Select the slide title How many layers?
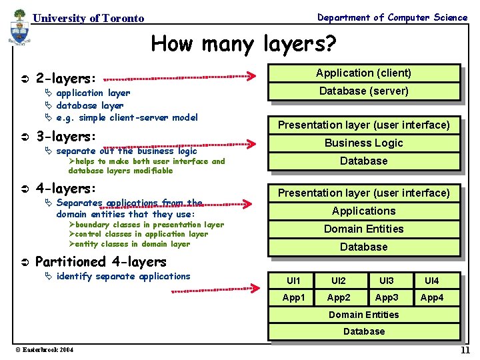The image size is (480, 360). tap(243, 44)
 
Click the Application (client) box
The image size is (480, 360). tap(363, 73)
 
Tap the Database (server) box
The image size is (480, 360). tap(363, 91)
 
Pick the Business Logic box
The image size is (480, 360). tap(363, 143)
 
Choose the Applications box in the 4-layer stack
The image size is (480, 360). tap(363, 211)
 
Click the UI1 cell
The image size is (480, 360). tap(293, 281)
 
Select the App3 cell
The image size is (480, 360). tap(387, 297)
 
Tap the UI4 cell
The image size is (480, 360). tap(432, 281)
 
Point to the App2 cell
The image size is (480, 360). tap(340, 297)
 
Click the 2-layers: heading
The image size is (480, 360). tap(65, 78)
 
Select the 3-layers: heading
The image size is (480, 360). tap(65, 137)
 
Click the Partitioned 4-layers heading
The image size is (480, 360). tap(100, 261)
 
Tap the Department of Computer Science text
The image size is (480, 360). tap(392, 17)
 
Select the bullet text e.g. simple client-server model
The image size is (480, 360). tap(127, 117)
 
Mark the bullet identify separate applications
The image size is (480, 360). tap(123, 276)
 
